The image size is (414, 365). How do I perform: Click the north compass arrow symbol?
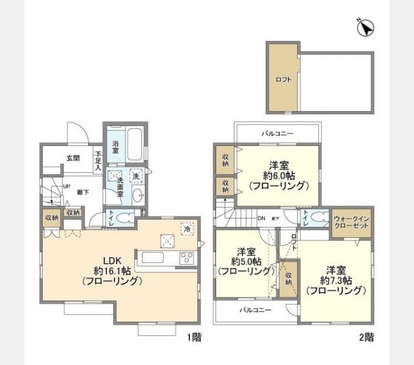point(367,28)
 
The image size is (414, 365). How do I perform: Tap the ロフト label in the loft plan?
point(284,79)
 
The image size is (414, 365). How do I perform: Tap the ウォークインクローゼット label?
point(352,223)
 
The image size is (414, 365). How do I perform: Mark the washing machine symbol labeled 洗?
point(136,175)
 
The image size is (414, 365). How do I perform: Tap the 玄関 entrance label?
point(73,158)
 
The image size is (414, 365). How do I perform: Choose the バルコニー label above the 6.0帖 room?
point(277,132)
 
